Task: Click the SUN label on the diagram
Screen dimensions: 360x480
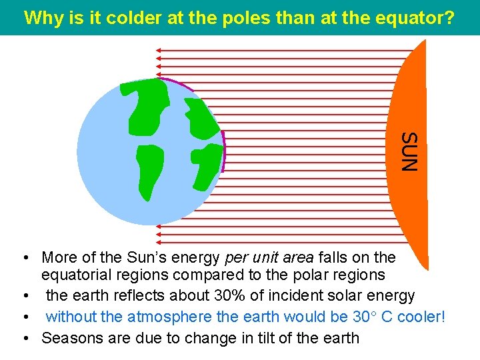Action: [x=411, y=151]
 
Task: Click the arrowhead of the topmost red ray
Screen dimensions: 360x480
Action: [x=158, y=50]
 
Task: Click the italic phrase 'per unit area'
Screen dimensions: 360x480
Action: [x=270, y=257]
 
